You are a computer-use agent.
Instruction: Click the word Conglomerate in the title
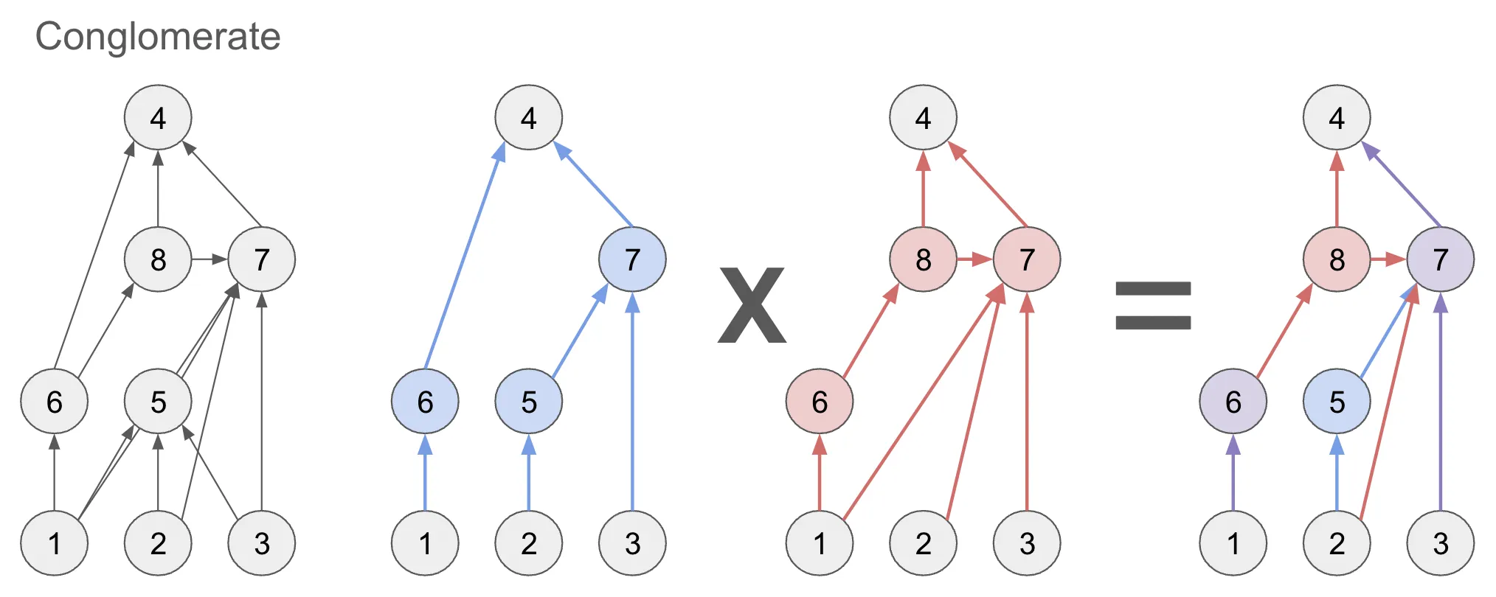point(158,37)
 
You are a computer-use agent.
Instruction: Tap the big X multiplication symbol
point(752,305)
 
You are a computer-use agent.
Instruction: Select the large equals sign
point(1153,305)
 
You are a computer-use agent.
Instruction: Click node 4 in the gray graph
point(158,118)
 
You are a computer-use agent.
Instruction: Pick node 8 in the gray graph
point(158,259)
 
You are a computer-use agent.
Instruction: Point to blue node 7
point(632,259)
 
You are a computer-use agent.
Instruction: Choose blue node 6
point(425,402)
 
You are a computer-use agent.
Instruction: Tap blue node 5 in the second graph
point(529,402)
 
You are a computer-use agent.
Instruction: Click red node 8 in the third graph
point(923,259)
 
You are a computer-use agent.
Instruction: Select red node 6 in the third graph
point(820,402)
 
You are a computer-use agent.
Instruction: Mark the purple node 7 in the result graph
point(1440,259)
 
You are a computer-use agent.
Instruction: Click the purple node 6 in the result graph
point(1233,402)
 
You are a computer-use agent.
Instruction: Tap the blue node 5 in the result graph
point(1337,402)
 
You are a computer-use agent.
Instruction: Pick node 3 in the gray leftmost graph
point(262,543)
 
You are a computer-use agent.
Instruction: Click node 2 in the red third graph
point(923,543)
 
